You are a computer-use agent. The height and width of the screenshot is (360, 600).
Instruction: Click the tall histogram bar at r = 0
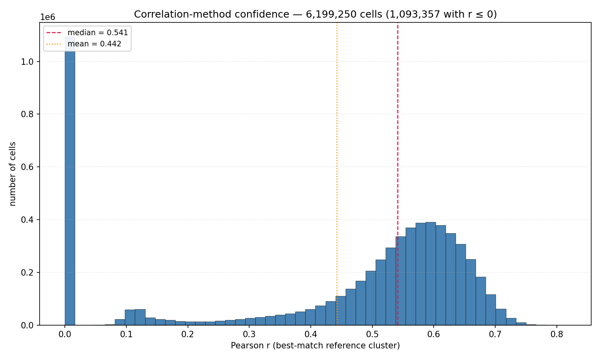pyautogui.click(x=70, y=181)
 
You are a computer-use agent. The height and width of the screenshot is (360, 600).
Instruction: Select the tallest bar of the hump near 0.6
pyautogui.click(x=431, y=274)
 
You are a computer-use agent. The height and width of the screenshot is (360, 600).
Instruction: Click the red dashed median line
pyautogui.click(x=398, y=174)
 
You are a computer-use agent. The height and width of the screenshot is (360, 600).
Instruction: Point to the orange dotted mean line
pyautogui.click(x=337, y=174)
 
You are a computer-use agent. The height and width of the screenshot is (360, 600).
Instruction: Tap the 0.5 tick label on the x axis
pyautogui.click(x=372, y=335)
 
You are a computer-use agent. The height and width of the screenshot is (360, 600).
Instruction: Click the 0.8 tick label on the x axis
pyautogui.click(x=557, y=335)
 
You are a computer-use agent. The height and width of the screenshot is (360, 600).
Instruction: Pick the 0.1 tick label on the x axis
pyautogui.click(x=126, y=335)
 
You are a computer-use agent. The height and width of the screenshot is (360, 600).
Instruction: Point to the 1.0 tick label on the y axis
pyautogui.click(x=27, y=62)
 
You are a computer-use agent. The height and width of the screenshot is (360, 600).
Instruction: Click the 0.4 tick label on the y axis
pyautogui.click(x=27, y=220)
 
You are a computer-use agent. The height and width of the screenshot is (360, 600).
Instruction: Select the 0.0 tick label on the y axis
pyautogui.click(x=27, y=325)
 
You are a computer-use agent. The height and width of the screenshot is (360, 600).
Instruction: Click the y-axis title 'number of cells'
pyautogui.click(x=12, y=174)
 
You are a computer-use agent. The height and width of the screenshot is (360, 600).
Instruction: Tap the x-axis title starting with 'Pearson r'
pyautogui.click(x=315, y=346)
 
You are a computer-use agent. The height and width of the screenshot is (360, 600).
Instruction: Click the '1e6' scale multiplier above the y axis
pyautogui.click(x=48, y=17)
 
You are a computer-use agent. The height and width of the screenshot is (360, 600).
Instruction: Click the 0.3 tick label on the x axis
pyautogui.click(x=249, y=335)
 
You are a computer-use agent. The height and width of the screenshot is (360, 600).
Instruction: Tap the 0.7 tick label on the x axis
pyautogui.click(x=495, y=335)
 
